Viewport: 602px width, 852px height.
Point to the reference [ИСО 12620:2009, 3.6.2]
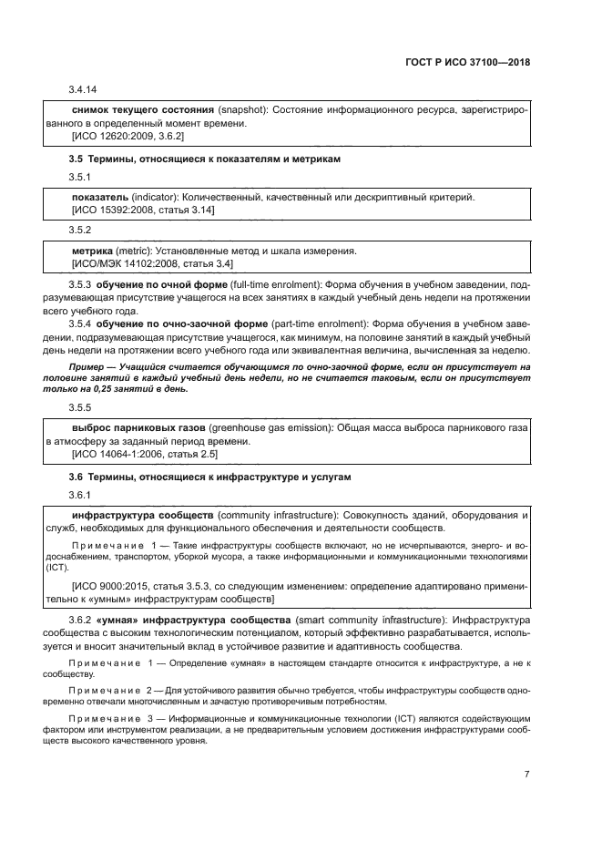coord(128,136)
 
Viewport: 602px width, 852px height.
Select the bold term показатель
coord(99,197)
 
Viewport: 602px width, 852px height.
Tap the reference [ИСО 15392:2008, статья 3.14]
coord(143,210)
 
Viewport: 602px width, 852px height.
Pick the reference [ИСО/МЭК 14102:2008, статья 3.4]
coord(152,263)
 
